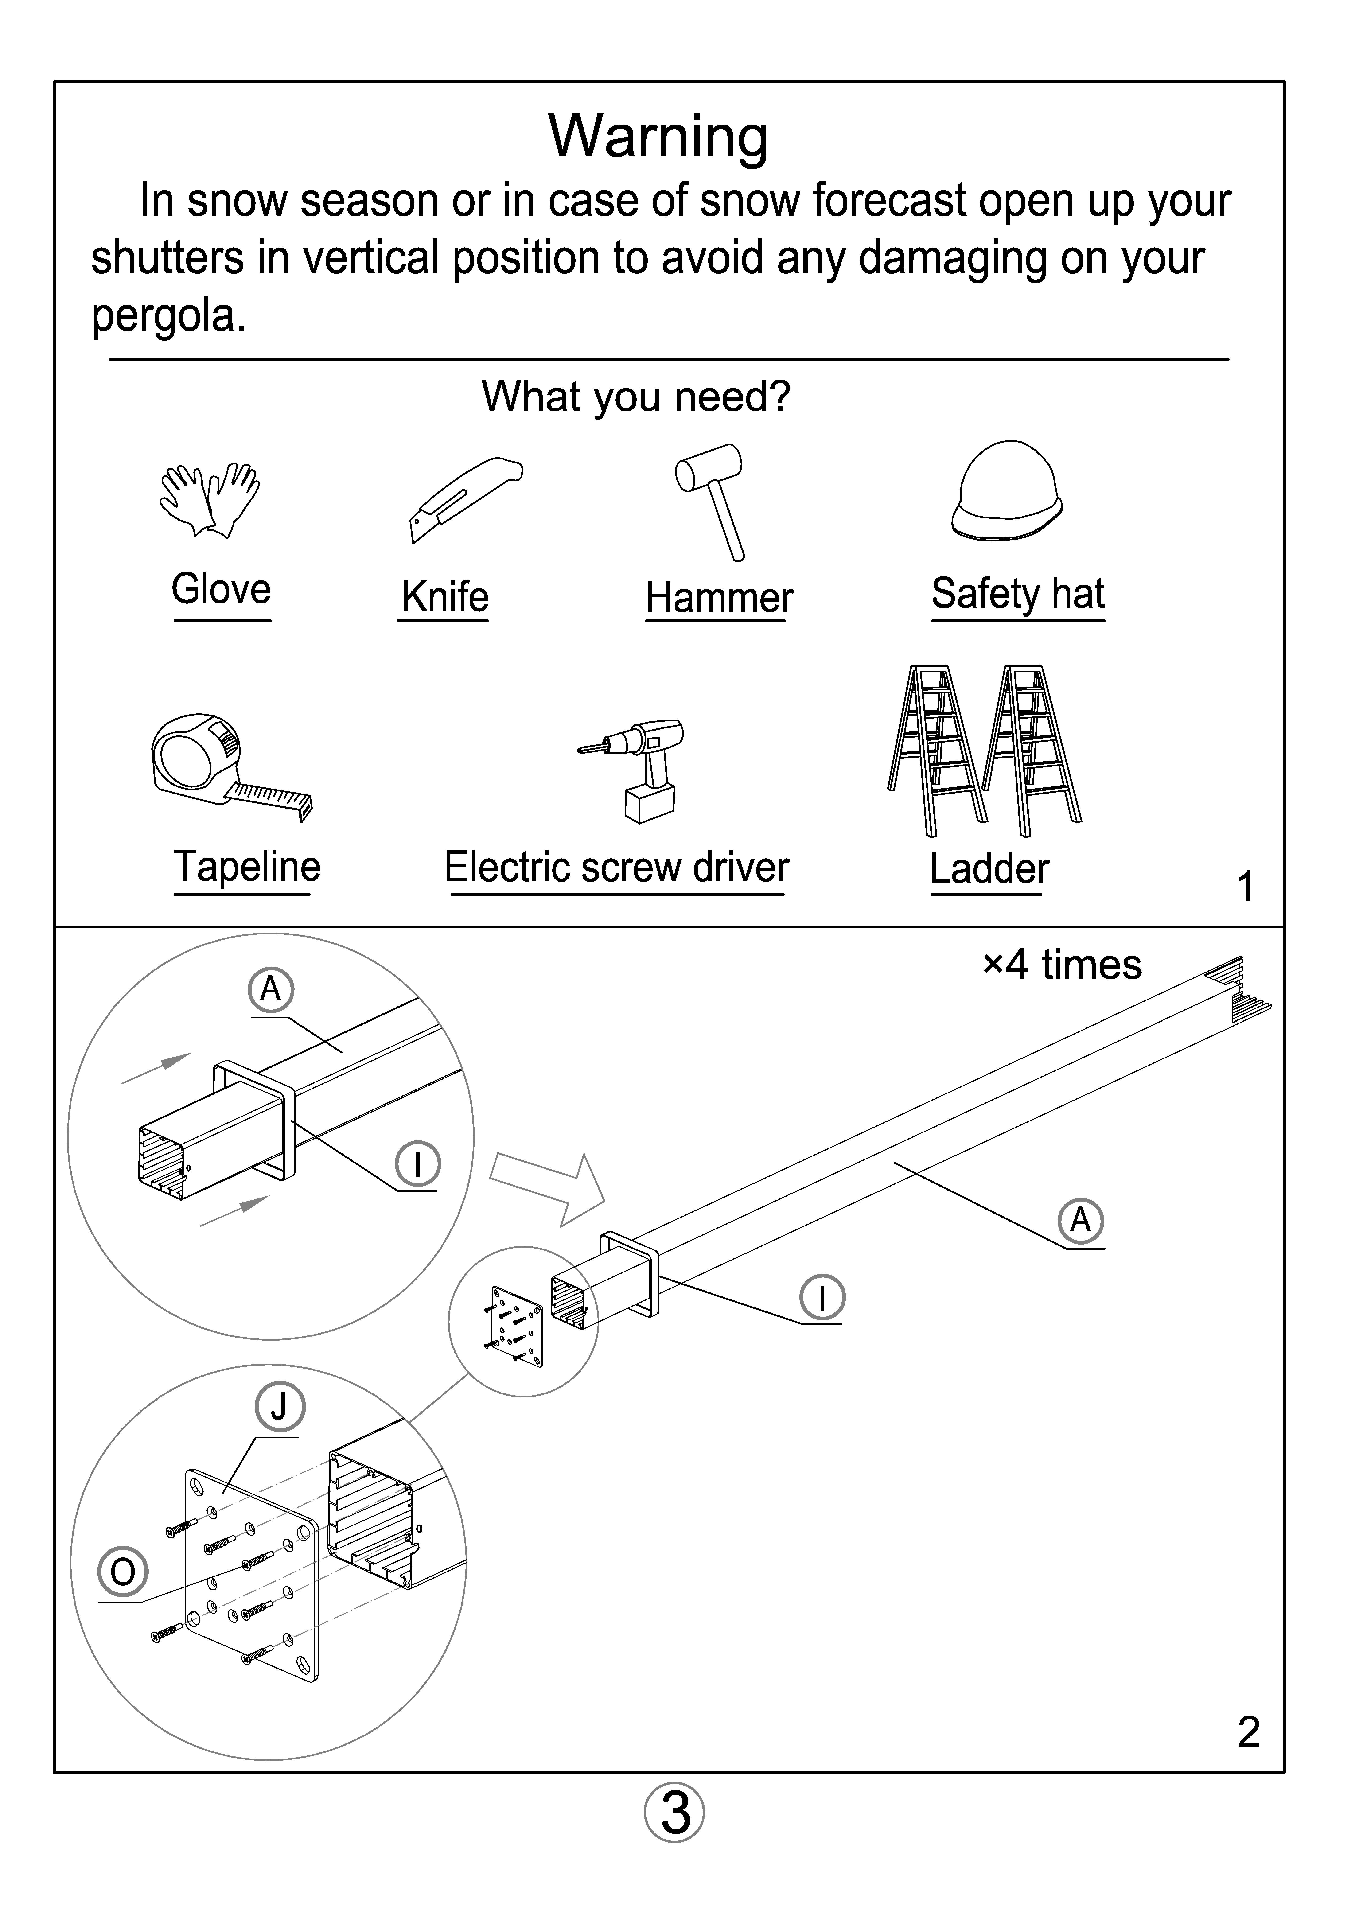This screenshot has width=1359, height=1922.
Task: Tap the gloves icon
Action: pos(209,500)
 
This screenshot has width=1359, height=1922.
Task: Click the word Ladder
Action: pos(989,869)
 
